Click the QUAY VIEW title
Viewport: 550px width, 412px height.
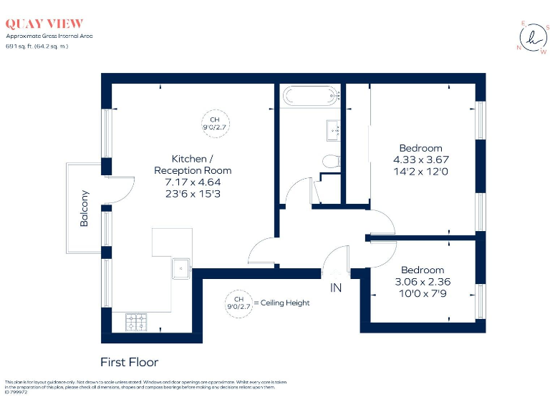pyautogui.click(x=44, y=24)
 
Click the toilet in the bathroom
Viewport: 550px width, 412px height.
pyautogui.click(x=331, y=162)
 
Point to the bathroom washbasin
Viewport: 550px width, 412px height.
pyautogui.click(x=334, y=130)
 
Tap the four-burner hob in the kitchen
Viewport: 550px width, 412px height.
pyautogui.click(x=135, y=322)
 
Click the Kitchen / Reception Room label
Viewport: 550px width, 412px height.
pyautogui.click(x=193, y=165)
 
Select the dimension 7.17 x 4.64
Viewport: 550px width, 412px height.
pyautogui.click(x=193, y=182)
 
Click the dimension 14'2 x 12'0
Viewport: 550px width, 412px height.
pyautogui.click(x=420, y=172)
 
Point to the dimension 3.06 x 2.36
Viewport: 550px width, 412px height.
pyautogui.click(x=422, y=281)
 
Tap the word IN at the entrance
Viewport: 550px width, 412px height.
pyautogui.click(x=336, y=288)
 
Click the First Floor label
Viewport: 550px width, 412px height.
pyautogui.click(x=129, y=362)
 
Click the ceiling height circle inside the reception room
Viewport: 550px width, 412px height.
pyautogui.click(x=214, y=124)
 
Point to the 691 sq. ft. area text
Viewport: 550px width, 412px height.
pyautogui.click(x=22, y=45)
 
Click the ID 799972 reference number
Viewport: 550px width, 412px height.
pyautogui.click(x=15, y=392)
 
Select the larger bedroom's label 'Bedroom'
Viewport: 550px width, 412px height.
pyautogui.click(x=420, y=149)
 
